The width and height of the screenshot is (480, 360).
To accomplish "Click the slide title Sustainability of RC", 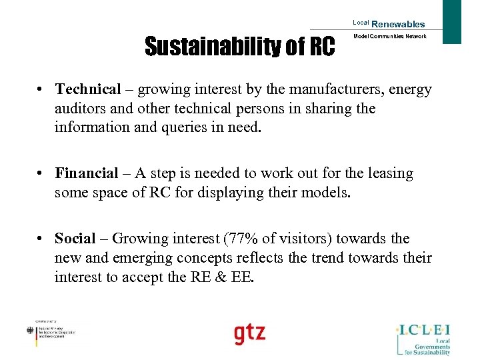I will coord(240,47).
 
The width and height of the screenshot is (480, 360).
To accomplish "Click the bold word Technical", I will coord(88,89).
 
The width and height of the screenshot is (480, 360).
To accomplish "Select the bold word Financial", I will coord(87,174).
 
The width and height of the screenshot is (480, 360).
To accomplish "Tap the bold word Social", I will coord(75,239).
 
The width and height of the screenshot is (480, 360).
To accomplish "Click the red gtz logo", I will coord(249,333).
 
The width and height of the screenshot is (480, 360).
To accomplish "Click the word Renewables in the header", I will coord(398,24).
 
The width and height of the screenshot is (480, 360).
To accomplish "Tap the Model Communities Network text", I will coord(389,37).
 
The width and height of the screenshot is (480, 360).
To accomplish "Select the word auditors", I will coord(81,108).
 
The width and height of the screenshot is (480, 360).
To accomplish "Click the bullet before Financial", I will coord(41,174).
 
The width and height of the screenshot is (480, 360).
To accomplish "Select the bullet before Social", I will coord(41,239).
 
